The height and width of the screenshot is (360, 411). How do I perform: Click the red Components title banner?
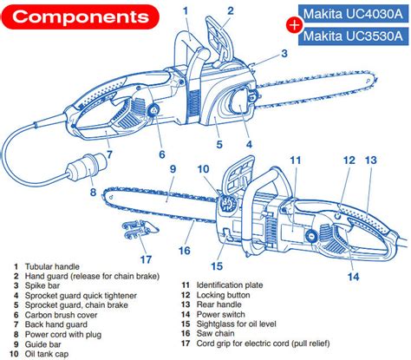[x=80, y=16]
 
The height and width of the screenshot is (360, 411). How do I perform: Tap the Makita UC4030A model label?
[x=353, y=14]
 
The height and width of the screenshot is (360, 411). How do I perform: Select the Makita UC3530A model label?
[x=353, y=36]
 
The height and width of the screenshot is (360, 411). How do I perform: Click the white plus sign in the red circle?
[x=294, y=25]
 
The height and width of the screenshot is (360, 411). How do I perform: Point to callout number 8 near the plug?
[x=93, y=192]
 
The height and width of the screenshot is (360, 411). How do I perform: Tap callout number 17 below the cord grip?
[x=146, y=259]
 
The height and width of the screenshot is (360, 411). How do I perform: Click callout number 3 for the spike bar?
[x=284, y=53]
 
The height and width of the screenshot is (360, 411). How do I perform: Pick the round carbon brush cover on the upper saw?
[x=153, y=110]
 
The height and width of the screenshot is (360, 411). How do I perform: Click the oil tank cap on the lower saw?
[x=227, y=203]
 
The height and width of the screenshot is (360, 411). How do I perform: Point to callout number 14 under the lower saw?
[x=353, y=277]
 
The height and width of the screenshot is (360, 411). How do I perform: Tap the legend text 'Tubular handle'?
[x=52, y=266]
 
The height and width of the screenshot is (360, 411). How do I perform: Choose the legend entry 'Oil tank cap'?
[x=47, y=354]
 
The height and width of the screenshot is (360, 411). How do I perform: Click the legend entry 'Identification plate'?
[x=230, y=285]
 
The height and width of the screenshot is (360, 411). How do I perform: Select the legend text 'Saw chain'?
[x=215, y=333]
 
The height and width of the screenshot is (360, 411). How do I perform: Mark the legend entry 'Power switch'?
[x=220, y=314]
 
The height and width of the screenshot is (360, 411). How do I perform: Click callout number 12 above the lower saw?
[x=349, y=160]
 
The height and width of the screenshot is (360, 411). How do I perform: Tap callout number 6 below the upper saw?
[x=162, y=154]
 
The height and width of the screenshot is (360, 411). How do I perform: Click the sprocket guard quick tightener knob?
[x=240, y=100]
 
